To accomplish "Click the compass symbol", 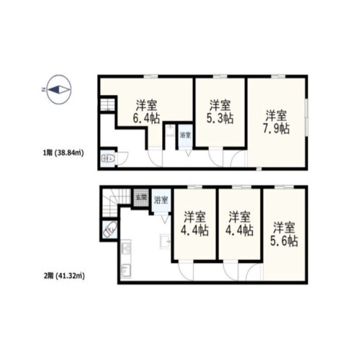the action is pyautogui.click(x=59, y=89).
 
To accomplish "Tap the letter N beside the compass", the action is pyautogui.click(x=43, y=90).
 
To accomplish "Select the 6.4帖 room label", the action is pyautogui.click(x=147, y=112).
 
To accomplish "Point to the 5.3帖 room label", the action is pyautogui.click(x=220, y=112).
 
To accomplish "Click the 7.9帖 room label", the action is pyautogui.click(x=276, y=122).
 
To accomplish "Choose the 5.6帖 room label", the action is pyautogui.click(x=284, y=235).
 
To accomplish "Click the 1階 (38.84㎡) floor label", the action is pyautogui.click(x=63, y=153).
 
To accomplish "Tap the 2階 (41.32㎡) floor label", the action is pyautogui.click(x=64, y=276).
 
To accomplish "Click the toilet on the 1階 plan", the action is pyautogui.click(x=108, y=158).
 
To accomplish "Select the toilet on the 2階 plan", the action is pyautogui.click(x=109, y=230).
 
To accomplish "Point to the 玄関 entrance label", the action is pyautogui.click(x=141, y=198).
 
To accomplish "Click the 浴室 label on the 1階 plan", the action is pyautogui.click(x=185, y=135).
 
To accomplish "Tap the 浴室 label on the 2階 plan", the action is pyautogui.click(x=161, y=200).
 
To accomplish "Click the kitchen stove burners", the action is pyautogui.click(x=126, y=247).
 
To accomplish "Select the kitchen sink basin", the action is pyautogui.click(x=125, y=270).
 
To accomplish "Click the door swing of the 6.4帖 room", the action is pyautogui.click(x=156, y=158).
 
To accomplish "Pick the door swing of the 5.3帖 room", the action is pyautogui.click(x=216, y=158).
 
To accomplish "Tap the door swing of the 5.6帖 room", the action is pyautogui.click(x=255, y=272).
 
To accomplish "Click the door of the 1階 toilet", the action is pyautogui.click(x=122, y=158).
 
